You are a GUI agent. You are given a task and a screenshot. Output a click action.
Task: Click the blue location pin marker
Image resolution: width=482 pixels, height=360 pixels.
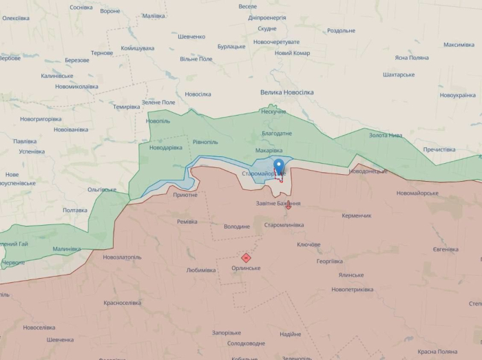pyautogui.click(x=279, y=167)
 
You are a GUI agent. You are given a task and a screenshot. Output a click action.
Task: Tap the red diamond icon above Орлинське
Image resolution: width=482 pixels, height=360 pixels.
pyautogui.click(x=246, y=257)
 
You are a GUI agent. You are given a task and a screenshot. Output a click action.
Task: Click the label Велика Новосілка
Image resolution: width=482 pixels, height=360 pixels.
pyautogui.click(x=286, y=92)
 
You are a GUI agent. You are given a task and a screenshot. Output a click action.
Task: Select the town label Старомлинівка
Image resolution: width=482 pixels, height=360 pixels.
pyautogui.click(x=284, y=225)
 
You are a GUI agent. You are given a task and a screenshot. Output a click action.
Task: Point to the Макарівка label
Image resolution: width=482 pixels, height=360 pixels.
pyautogui.click(x=269, y=150)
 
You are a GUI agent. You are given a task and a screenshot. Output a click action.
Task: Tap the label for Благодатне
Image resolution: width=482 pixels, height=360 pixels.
pyautogui.click(x=277, y=134)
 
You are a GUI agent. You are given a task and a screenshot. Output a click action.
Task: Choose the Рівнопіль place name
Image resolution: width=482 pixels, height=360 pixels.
pyautogui.click(x=205, y=142)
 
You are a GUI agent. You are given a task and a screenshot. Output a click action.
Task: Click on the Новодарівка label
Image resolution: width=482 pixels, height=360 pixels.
pyautogui.click(x=165, y=147)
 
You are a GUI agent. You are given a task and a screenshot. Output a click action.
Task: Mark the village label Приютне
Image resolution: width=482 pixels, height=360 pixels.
pyautogui.click(x=185, y=195)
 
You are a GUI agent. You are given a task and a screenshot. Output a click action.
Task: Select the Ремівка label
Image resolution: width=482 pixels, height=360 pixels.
pyautogui.click(x=187, y=222)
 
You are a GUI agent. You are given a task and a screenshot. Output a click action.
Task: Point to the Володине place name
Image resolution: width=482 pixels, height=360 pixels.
pyautogui.click(x=237, y=226)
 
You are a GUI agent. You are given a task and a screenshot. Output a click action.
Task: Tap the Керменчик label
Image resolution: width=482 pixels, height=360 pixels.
pyautogui.click(x=356, y=215)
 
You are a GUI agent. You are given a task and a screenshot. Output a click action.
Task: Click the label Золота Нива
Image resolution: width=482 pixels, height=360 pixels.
pyautogui.click(x=386, y=135)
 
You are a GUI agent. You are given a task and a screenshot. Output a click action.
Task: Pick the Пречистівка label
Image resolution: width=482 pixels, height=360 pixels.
pyautogui.click(x=439, y=149)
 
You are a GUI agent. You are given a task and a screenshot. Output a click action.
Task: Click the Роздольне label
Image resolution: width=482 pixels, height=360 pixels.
pyautogui.click(x=341, y=30)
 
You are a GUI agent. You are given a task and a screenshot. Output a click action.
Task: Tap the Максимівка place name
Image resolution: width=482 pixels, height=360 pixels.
pyautogui.click(x=459, y=45)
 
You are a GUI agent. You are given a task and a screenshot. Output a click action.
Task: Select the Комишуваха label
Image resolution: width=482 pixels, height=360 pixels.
pyautogui.click(x=137, y=48)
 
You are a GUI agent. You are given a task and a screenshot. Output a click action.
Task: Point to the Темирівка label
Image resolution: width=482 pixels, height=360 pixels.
pyautogui.click(x=127, y=107)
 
